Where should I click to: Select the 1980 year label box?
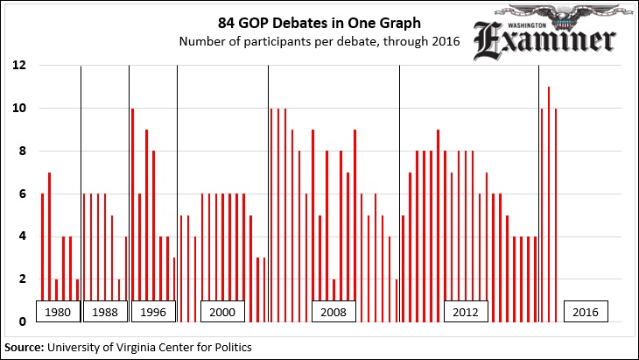(x=58, y=312)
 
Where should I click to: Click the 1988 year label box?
(x=104, y=312)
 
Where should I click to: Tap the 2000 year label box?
(x=222, y=312)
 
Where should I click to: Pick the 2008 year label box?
(x=334, y=312)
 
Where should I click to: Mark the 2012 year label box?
(x=466, y=312)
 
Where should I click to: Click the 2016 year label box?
(x=586, y=312)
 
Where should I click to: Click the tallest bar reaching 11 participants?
(x=549, y=201)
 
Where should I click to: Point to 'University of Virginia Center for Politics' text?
(x=150, y=348)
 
